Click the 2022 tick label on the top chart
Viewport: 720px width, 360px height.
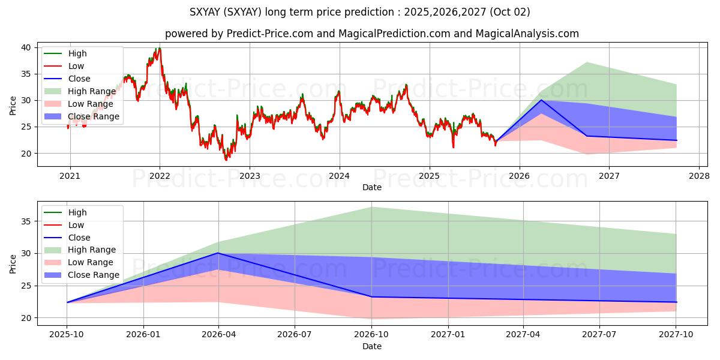point(160,176)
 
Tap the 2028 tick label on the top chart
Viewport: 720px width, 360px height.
point(699,176)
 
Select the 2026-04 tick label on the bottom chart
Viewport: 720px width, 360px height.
point(218,335)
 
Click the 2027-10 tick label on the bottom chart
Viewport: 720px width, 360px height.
point(676,335)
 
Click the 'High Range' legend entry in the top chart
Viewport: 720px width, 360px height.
point(92,91)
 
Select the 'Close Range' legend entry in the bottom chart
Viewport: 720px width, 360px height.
point(94,275)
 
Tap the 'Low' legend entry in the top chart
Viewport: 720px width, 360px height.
point(76,66)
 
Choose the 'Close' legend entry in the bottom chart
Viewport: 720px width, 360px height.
point(79,238)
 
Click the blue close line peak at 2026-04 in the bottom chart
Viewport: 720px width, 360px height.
point(218,253)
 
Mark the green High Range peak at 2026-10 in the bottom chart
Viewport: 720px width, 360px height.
point(371,207)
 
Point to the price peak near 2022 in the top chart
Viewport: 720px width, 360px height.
point(158,49)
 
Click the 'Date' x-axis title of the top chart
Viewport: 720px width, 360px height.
point(372,187)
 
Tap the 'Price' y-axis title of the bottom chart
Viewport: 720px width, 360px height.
point(13,263)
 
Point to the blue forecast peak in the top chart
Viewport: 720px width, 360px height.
point(542,100)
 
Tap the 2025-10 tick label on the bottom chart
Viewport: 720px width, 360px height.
point(67,335)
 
